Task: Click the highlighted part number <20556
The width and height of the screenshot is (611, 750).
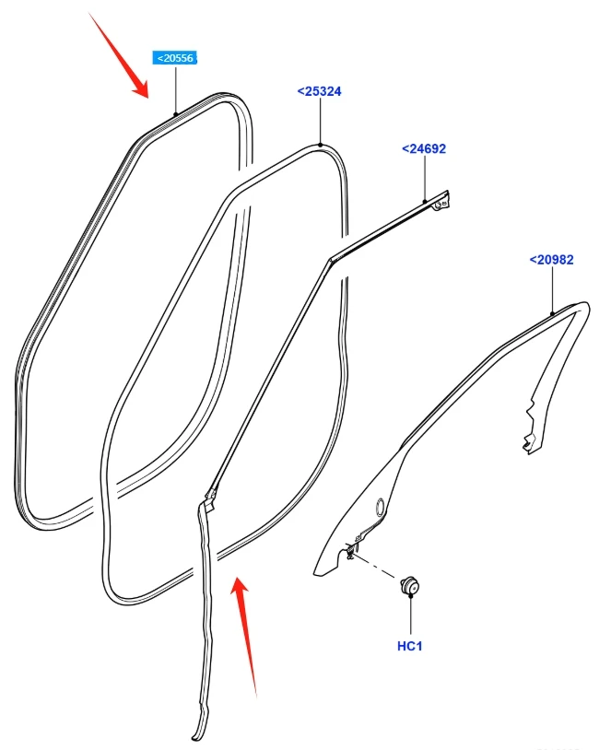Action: click(x=175, y=58)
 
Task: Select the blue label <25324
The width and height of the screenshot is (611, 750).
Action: click(x=319, y=91)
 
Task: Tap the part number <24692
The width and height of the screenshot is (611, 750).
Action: click(x=424, y=148)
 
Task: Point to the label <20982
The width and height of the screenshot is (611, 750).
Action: click(x=551, y=260)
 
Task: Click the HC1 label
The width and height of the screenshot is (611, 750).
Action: click(x=409, y=646)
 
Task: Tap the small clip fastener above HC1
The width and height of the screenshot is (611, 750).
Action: click(x=410, y=585)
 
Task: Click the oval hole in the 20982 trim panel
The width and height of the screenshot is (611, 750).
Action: click(x=380, y=508)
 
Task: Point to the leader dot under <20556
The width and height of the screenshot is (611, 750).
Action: click(x=176, y=114)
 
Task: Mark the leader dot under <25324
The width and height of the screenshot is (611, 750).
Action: click(x=320, y=145)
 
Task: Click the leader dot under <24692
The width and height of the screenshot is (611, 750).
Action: click(x=425, y=202)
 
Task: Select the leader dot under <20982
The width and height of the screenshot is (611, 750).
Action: click(x=552, y=314)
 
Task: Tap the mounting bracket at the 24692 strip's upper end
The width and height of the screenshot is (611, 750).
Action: click(x=441, y=201)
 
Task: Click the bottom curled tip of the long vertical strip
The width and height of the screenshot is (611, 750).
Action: click(x=198, y=734)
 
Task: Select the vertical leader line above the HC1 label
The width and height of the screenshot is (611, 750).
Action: click(x=410, y=615)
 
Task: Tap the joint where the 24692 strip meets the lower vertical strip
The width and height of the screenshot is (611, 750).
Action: click(x=209, y=498)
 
